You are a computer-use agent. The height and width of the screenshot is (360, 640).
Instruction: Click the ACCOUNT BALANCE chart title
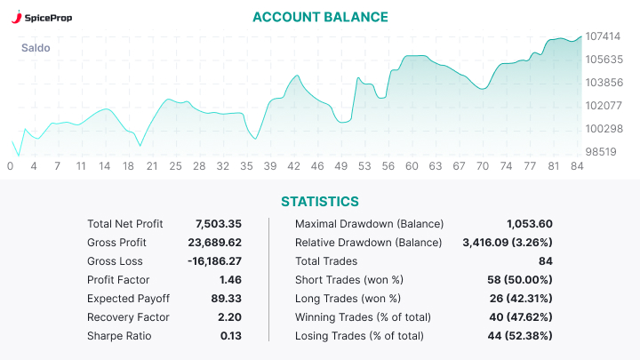(x=320, y=17)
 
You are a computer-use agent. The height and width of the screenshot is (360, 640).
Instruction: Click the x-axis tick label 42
(x=293, y=166)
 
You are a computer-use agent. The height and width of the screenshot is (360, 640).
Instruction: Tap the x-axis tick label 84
(x=577, y=166)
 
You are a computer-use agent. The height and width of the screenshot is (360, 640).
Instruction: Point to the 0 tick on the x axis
(x=10, y=166)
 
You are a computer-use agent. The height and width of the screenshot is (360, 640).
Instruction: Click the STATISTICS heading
(x=320, y=202)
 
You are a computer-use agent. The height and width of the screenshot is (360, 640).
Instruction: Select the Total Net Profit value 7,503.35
(x=219, y=224)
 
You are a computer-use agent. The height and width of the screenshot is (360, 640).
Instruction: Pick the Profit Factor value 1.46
(x=230, y=280)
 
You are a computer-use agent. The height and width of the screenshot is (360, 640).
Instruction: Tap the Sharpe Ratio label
(x=119, y=336)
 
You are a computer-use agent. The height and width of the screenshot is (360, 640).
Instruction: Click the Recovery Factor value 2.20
(x=230, y=317)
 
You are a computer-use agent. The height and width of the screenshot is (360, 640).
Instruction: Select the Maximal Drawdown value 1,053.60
(x=530, y=224)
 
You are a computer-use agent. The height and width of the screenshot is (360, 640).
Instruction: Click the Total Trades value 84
(x=545, y=261)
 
